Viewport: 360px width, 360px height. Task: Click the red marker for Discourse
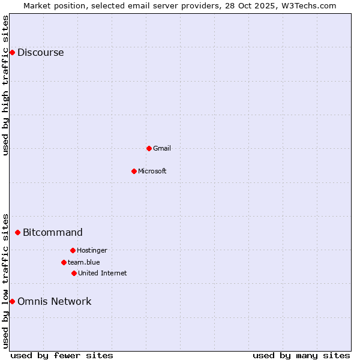pyautogui.click(x=12, y=52)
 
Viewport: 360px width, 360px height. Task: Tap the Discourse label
pyautogui.click(x=40, y=52)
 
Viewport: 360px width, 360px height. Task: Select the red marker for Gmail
pyautogui.click(x=149, y=148)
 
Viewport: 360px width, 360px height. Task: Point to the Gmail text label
pyautogui.click(x=162, y=148)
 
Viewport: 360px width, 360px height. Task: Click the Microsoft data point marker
pyautogui.click(x=134, y=171)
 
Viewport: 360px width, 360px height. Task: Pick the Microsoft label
pyautogui.click(x=152, y=171)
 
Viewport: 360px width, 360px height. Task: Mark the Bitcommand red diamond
pyautogui.click(x=17, y=232)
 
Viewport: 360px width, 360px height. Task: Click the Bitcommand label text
pyautogui.click(x=53, y=232)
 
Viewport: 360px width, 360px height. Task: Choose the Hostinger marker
pyautogui.click(x=73, y=250)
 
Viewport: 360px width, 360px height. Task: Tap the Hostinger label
pyautogui.click(x=92, y=250)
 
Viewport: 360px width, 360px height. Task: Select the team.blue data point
pyautogui.click(x=64, y=262)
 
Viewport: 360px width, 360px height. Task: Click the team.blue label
pyautogui.click(x=83, y=262)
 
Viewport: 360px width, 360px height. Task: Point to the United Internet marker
pyautogui.click(x=74, y=273)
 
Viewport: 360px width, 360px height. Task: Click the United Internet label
pyautogui.click(x=102, y=273)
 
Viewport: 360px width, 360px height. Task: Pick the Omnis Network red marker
pyautogui.click(x=12, y=301)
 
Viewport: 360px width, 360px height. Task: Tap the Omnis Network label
pyautogui.click(x=54, y=301)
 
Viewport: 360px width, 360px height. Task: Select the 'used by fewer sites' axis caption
pyautogui.click(x=62, y=355)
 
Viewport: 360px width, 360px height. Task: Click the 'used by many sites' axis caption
pyautogui.click(x=301, y=355)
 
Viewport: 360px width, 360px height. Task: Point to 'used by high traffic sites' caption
pyautogui.click(x=5, y=85)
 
